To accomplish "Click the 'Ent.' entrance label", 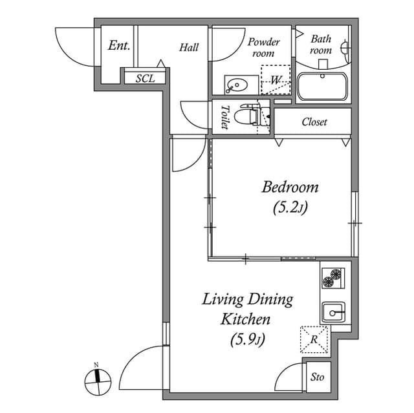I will (119, 46).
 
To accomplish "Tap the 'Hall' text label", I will (189, 47).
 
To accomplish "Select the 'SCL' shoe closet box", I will (145, 78).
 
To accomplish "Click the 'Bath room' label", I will (320, 44).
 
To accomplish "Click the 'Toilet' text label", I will (225, 117).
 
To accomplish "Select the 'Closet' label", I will (314, 122).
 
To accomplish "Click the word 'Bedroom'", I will (290, 187).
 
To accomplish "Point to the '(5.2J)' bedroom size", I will (290, 208).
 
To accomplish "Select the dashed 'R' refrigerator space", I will (314, 339).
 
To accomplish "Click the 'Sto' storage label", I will (317, 377).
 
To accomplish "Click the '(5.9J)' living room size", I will (248, 339).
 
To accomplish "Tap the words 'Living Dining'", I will (247, 299).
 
